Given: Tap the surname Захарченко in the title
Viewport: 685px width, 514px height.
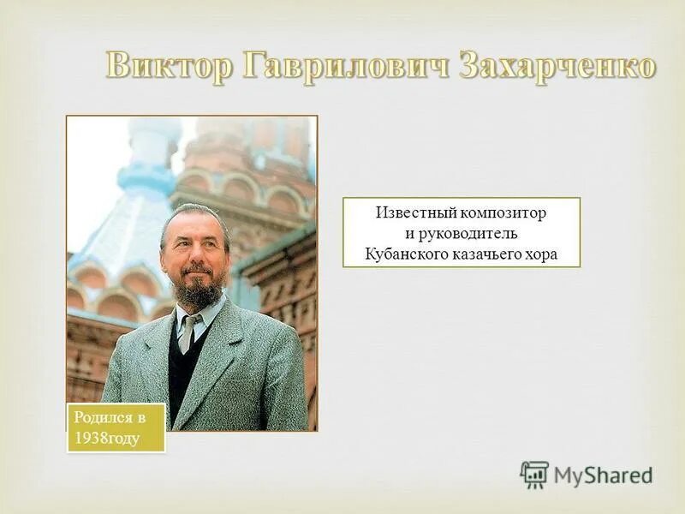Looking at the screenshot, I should coord(557,67).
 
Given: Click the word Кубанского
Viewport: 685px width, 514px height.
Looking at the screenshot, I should coord(404,254).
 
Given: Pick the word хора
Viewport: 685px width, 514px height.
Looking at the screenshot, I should coord(541,254).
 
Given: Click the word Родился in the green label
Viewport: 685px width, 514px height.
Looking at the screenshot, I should coord(101,417).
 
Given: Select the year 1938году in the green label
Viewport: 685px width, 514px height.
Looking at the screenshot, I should coord(107,438).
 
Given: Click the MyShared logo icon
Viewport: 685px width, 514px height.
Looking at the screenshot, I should coord(533,475).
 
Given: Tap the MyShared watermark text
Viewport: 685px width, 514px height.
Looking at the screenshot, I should coord(603,475).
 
